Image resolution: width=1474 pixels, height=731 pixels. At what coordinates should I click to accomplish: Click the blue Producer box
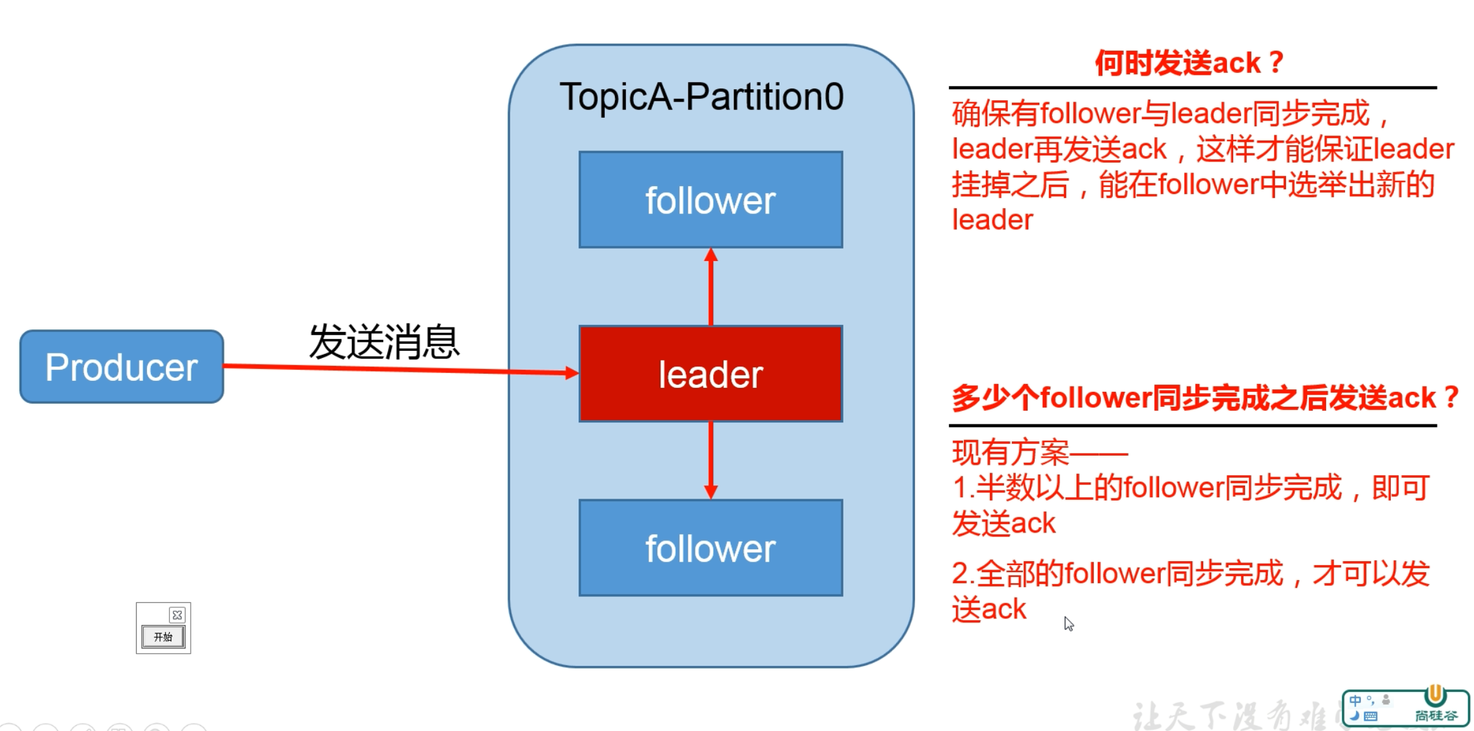pyautogui.click(x=122, y=366)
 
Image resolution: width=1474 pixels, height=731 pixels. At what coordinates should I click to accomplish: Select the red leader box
pyautogui.click(x=711, y=374)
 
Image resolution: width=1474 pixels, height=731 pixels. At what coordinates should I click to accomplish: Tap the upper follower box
pyautogui.click(x=711, y=200)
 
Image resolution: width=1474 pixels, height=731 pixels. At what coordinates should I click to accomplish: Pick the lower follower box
pyautogui.click(x=711, y=547)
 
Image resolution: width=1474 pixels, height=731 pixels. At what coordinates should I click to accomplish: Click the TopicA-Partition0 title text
pyautogui.click(x=702, y=97)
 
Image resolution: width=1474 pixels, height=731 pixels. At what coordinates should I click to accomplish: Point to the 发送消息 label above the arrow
pyautogui.click(x=384, y=342)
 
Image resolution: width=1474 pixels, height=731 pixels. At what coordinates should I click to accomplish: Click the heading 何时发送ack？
pyautogui.click(x=1188, y=63)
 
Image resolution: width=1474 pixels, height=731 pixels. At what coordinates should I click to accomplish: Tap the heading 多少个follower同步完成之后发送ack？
pyautogui.click(x=1204, y=398)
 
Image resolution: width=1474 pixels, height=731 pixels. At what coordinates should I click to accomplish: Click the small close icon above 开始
pyautogui.click(x=177, y=615)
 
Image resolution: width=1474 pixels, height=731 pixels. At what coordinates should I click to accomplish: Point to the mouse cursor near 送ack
pyautogui.click(x=1068, y=623)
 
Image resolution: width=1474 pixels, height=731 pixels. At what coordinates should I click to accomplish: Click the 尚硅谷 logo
pyautogui.click(x=1436, y=706)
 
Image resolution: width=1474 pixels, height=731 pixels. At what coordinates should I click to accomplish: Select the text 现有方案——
pyautogui.click(x=1039, y=452)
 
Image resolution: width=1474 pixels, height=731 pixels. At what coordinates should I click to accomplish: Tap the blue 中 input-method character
pyautogui.click(x=1355, y=700)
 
